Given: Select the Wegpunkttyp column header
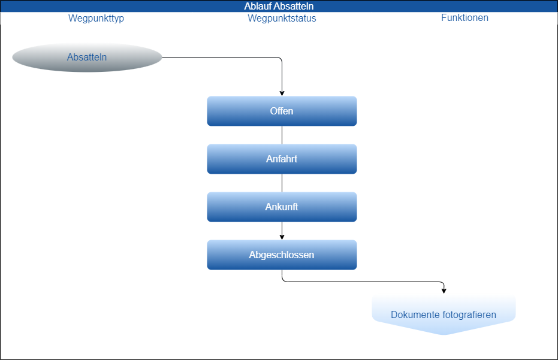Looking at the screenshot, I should (96, 18).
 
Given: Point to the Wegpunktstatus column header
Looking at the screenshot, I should (282, 18).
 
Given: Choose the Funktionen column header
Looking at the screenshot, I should (465, 17).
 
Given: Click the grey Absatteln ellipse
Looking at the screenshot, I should (87, 58).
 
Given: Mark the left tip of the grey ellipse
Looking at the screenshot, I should (13, 58).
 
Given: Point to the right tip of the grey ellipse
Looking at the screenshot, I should (162, 58).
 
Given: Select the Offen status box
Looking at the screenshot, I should (282, 111).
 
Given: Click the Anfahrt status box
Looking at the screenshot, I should (282, 159).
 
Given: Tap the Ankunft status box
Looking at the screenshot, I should (282, 207).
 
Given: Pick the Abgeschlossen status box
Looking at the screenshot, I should (282, 255).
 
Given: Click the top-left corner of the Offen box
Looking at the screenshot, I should (209, 98).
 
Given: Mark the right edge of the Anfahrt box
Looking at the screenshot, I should (357, 159).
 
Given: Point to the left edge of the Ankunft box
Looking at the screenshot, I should (207, 207).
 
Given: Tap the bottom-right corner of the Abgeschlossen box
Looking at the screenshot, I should (355, 268).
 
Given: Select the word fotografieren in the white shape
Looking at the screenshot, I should (469, 314).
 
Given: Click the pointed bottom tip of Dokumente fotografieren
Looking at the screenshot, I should (444, 334).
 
